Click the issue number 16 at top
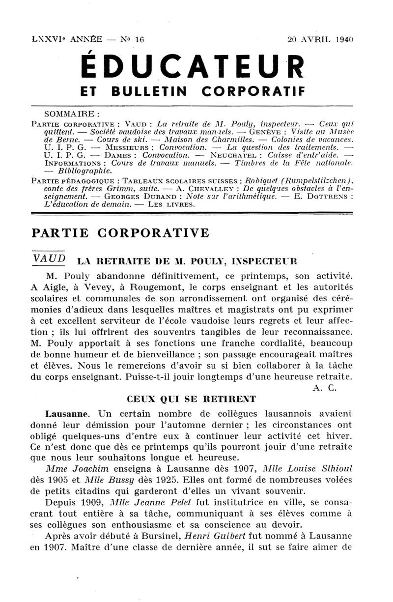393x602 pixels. pyautogui.click(x=139, y=39)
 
